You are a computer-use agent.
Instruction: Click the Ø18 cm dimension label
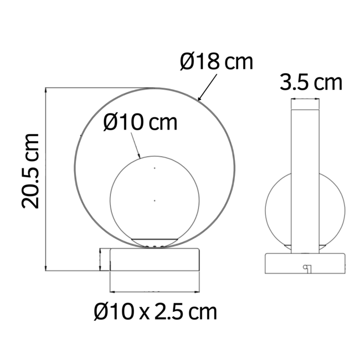click(217, 61)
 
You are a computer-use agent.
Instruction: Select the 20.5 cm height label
click(31, 171)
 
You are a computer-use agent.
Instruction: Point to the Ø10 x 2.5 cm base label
click(155, 312)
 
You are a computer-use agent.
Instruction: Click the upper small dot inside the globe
click(155, 167)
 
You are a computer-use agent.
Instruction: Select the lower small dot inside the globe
click(155, 200)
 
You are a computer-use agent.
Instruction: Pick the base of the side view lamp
click(305, 263)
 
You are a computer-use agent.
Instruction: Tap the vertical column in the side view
click(305, 177)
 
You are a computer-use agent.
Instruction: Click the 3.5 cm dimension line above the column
click(305, 100)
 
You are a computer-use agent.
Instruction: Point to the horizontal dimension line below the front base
click(155, 291)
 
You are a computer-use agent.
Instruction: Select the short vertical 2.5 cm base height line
click(100, 260)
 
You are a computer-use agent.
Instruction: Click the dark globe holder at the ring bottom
click(155, 241)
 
